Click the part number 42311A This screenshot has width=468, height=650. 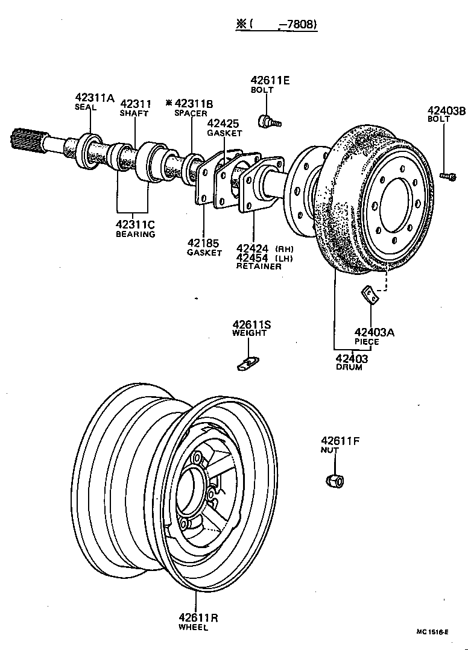94,98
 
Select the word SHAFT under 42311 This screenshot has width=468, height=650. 134,113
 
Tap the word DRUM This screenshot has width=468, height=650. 349,367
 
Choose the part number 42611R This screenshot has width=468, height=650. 198,617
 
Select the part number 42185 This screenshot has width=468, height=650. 204,243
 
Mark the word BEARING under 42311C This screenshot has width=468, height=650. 136,234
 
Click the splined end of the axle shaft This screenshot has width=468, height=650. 23,140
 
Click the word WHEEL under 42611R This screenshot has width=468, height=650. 193,628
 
